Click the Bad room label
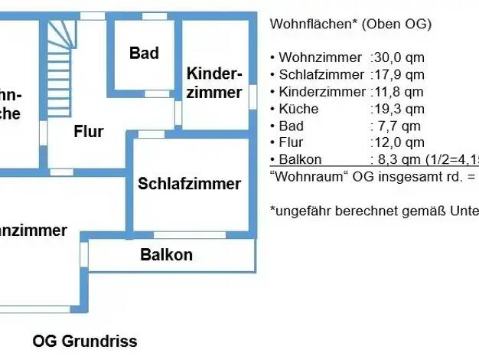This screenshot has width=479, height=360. (x=144, y=53)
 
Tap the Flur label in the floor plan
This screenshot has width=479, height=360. (x=89, y=131)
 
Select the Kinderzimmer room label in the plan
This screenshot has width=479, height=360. (x=215, y=83)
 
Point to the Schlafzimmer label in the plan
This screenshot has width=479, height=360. (x=189, y=184)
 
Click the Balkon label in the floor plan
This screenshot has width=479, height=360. (x=166, y=255)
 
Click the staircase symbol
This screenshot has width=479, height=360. (x=60, y=50)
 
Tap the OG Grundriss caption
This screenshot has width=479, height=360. (x=85, y=341)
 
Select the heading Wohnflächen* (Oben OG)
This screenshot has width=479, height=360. (x=350, y=24)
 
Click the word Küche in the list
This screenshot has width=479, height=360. (x=298, y=109)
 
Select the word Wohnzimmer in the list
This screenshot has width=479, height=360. (x=320, y=57)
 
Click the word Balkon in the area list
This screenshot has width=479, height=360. (x=301, y=159)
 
